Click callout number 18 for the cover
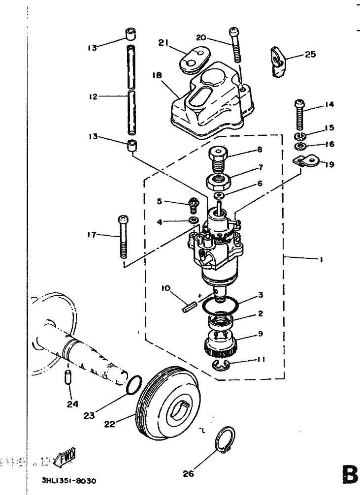pos(157,75)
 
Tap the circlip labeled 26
pos(226,439)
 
